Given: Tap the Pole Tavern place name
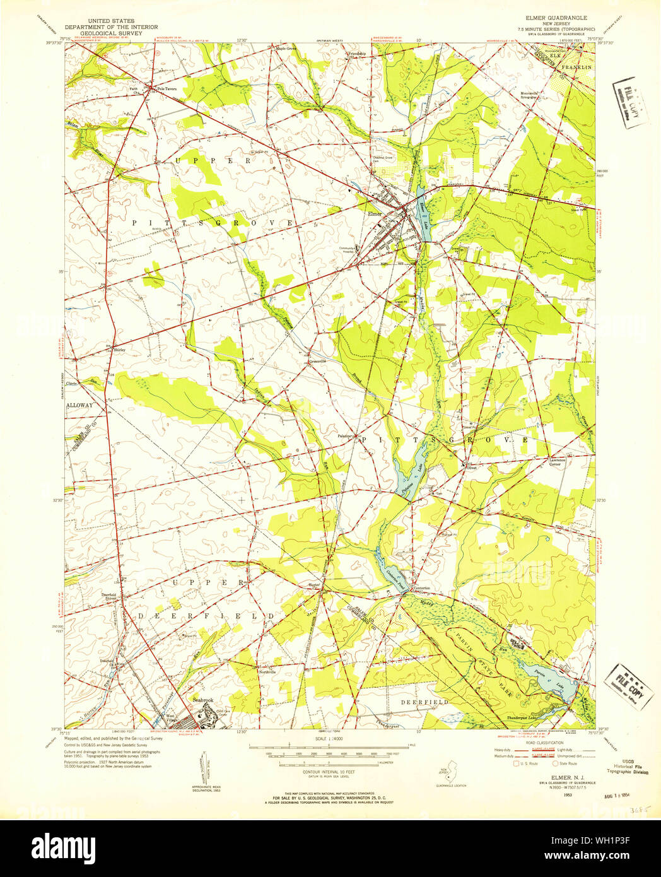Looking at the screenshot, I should click(167, 89).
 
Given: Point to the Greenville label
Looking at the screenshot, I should click(317, 362).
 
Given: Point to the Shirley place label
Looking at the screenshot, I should click(119, 349).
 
